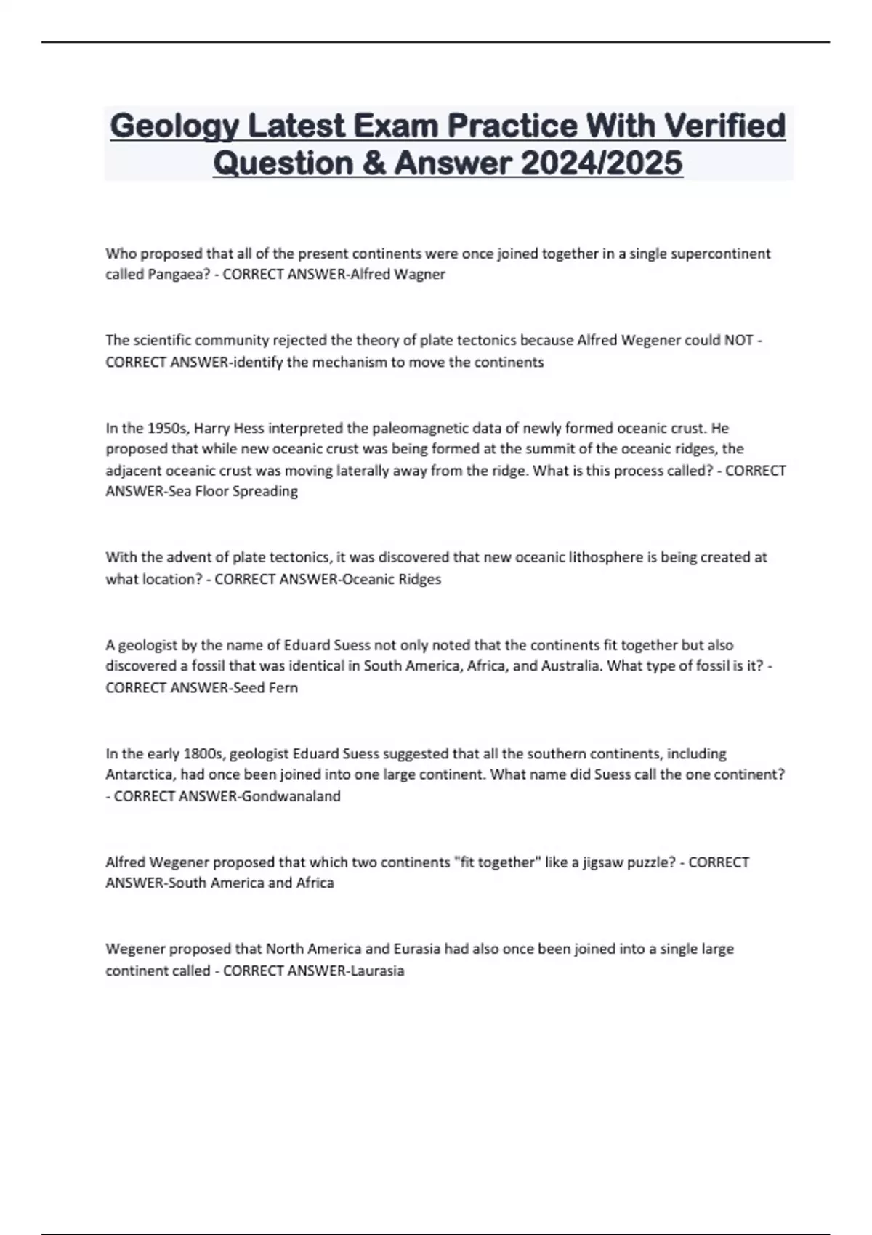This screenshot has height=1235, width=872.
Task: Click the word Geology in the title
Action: (x=175, y=126)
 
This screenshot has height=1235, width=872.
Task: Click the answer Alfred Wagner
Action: (x=397, y=275)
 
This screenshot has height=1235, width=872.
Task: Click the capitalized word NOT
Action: (x=738, y=340)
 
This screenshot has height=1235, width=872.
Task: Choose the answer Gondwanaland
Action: (x=291, y=796)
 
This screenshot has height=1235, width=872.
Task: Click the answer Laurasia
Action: (x=377, y=971)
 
